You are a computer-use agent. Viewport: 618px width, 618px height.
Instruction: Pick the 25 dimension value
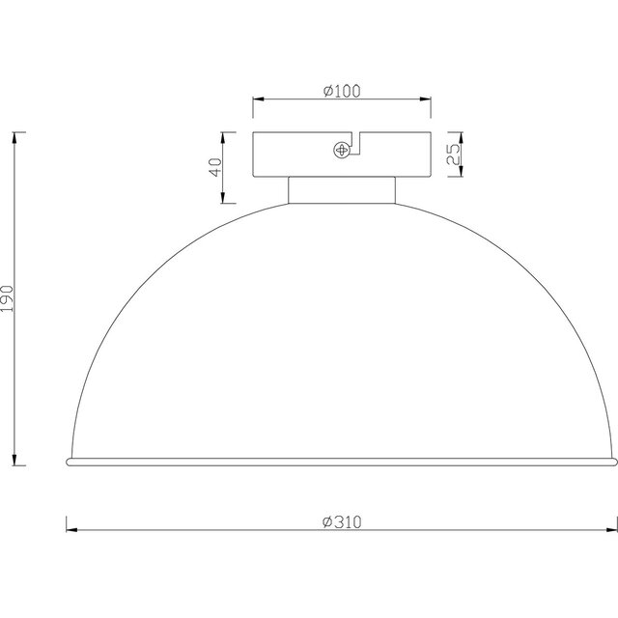pos(452,154)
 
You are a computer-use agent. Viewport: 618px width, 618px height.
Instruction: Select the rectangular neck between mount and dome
pos(342,190)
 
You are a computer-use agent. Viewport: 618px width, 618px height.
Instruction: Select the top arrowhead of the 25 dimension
pos(461,135)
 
